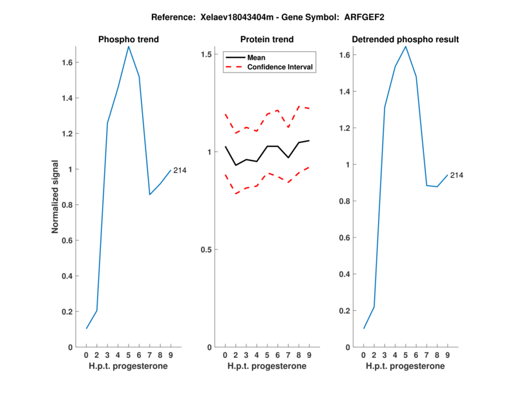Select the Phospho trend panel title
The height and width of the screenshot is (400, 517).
[129, 39]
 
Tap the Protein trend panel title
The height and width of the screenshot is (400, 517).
[267, 39]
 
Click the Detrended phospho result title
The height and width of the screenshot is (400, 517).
[405, 39]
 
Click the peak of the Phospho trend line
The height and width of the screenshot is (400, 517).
[129, 46]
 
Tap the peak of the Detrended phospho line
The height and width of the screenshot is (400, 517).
[406, 46]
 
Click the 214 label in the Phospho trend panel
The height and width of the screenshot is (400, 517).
[180, 170]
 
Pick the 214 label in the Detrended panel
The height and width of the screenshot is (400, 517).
[457, 175]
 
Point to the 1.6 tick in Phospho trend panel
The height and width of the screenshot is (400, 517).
[68, 63]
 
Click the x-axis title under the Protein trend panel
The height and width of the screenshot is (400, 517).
[267, 366]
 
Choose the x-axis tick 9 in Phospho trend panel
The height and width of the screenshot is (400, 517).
[171, 355]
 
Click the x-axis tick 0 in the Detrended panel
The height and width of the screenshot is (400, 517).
[364, 355]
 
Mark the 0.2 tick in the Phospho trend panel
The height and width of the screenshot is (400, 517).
[68, 312]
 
